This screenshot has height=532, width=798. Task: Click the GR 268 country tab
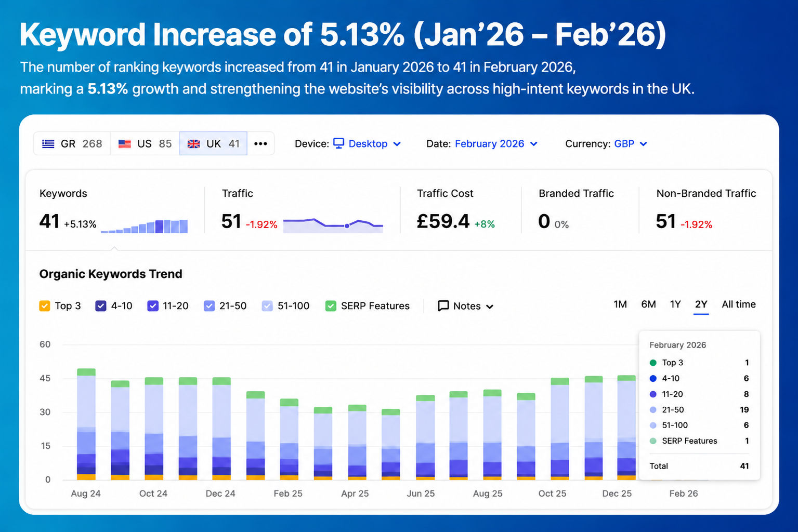coord(72,143)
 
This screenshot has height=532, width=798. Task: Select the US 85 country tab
coord(145,143)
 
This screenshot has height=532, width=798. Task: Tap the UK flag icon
coord(193,144)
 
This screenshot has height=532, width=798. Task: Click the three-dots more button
coord(261,143)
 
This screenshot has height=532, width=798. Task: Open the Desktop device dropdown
coord(367,143)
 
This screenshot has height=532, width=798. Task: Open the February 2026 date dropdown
coord(496,143)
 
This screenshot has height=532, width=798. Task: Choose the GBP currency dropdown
coord(630,143)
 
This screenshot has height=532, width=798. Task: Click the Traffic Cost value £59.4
coord(443,221)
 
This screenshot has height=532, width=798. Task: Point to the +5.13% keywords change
coord(80,224)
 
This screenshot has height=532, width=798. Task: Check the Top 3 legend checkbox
coord(45,306)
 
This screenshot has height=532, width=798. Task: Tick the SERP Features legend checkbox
coord(331,306)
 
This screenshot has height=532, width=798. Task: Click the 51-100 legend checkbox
coord(267,306)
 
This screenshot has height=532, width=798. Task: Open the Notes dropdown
coord(465,306)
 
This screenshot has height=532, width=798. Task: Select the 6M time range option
coord(648,304)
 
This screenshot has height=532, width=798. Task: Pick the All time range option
coord(739,304)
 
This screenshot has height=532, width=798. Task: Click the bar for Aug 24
coord(86,424)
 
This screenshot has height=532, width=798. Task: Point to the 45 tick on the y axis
coord(45,378)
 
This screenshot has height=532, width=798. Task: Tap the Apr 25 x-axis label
coord(355,494)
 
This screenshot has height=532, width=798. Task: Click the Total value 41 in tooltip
coord(744,466)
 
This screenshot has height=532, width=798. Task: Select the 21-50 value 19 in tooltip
coord(744,410)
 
